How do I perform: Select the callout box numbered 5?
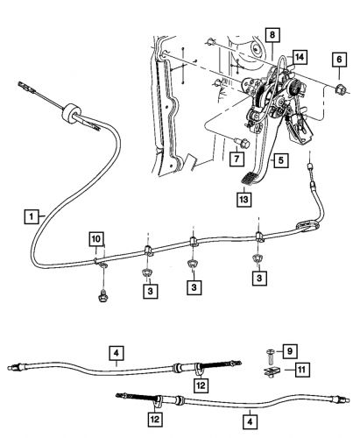(x=278, y=160)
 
